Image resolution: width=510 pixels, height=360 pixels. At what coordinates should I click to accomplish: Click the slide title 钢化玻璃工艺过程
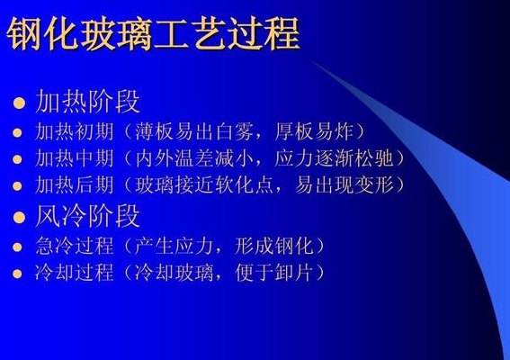[x=153, y=34]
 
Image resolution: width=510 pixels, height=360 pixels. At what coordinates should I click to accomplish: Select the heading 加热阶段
[x=88, y=101]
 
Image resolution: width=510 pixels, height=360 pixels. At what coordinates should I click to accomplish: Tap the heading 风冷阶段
[x=88, y=216]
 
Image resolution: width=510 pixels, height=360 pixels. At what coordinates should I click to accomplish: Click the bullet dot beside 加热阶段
[x=19, y=103]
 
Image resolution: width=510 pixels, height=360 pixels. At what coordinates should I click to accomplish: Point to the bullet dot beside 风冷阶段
[x=19, y=218]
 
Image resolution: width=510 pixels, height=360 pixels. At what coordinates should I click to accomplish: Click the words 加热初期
[x=75, y=131]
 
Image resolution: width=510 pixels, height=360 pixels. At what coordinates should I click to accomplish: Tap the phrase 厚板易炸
[x=314, y=131]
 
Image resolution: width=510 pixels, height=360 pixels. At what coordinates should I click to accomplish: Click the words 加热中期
[x=75, y=158]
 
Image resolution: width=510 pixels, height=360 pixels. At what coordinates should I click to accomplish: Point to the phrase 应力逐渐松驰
[x=334, y=158]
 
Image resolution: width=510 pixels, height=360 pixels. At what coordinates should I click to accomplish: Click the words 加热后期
[x=75, y=184]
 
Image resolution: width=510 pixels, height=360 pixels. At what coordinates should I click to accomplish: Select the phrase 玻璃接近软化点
[x=204, y=184]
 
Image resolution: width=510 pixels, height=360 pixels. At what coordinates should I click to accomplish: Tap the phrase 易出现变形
[x=344, y=184]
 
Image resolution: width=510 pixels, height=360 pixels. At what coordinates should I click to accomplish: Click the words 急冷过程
[x=75, y=246]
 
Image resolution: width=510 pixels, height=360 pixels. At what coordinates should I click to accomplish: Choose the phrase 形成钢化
[x=273, y=246]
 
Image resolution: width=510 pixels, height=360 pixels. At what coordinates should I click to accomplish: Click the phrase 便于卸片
[x=273, y=273]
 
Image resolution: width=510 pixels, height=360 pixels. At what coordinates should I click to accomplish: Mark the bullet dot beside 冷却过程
[x=17, y=274]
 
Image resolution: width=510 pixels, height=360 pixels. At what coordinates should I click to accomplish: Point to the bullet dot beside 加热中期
[x=17, y=159]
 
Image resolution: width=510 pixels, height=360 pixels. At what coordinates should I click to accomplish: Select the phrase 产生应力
[x=174, y=246]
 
